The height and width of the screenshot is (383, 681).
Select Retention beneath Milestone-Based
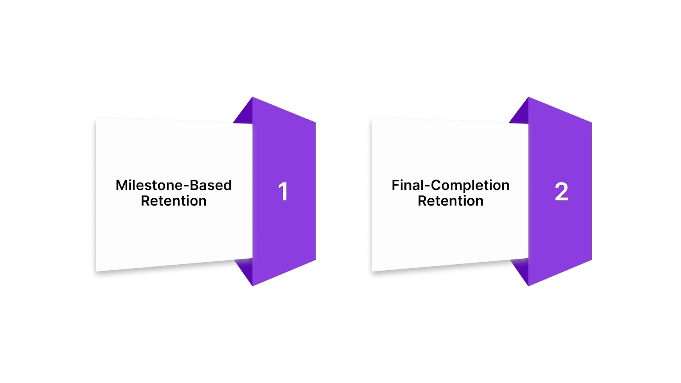pyautogui.click(x=174, y=201)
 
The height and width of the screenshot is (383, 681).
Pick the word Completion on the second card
pyautogui.click(x=470, y=186)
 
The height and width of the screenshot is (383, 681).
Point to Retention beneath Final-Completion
pyautogui.click(x=450, y=201)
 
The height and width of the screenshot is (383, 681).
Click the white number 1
pyautogui.click(x=283, y=191)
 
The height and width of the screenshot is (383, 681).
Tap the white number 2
pyautogui.click(x=561, y=192)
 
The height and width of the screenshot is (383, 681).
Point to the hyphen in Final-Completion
pyautogui.click(x=428, y=186)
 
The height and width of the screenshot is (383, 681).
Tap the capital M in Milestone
pyautogui.click(x=122, y=185)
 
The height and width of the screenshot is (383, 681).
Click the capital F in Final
pyautogui.click(x=395, y=185)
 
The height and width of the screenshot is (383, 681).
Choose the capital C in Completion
pyautogui.click(x=436, y=185)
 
